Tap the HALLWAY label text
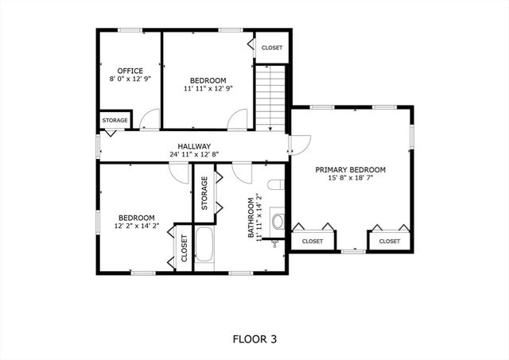point(194,146)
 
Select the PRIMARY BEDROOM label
point(350,170)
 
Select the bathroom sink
point(278,220)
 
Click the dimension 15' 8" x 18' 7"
point(350,179)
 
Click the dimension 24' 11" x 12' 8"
point(194,155)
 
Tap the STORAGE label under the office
point(115,120)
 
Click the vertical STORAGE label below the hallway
point(204,194)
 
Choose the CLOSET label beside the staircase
point(272,48)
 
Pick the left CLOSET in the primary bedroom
point(313,241)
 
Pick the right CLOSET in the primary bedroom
point(390,241)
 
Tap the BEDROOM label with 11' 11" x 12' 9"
point(208,80)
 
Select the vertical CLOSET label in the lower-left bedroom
point(184,248)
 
